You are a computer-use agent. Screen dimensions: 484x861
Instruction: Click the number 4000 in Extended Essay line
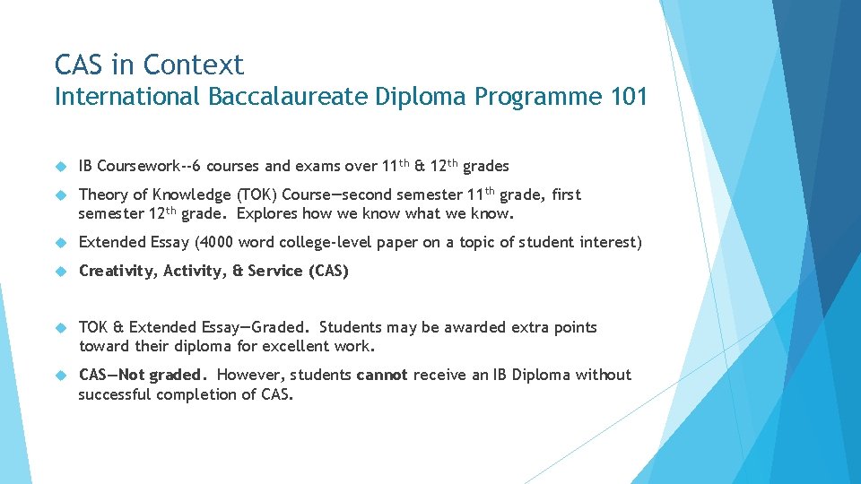tap(212, 242)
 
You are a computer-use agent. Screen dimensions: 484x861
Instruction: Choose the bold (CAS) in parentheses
tap(327, 271)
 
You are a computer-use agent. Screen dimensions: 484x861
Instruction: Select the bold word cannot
tap(382, 375)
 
